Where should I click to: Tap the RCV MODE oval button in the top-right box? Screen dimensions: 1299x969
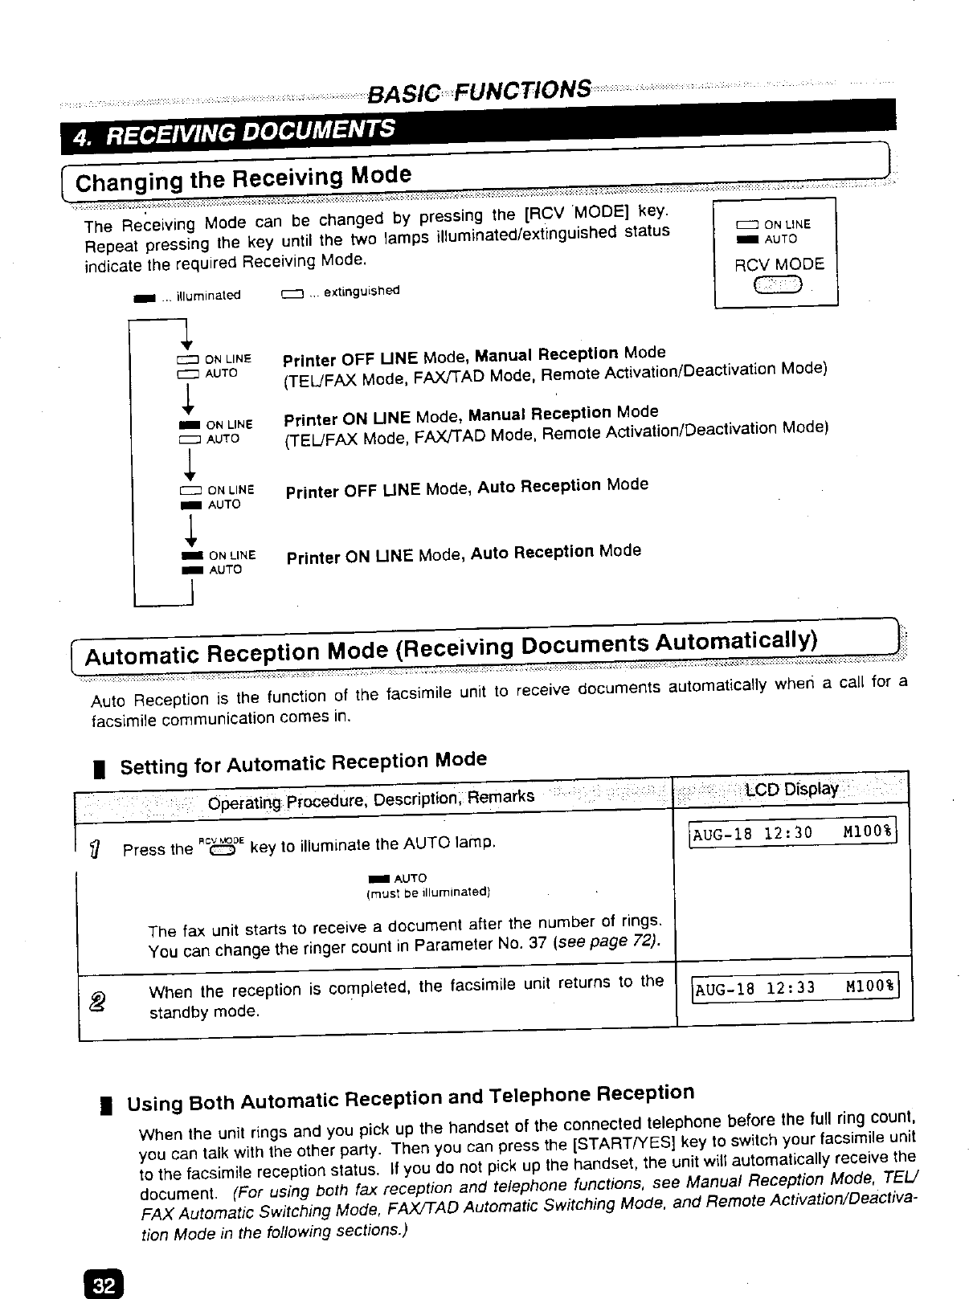click(x=776, y=285)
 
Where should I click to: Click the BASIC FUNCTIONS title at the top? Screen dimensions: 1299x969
click(x=480, y=90)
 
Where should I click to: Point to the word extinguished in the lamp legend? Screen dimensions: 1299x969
click(x=361, y=292)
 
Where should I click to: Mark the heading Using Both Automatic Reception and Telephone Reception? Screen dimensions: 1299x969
click(x=411, y=1098)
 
